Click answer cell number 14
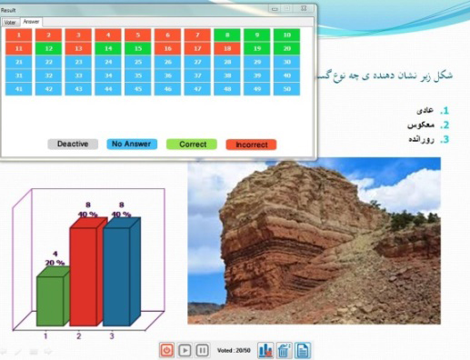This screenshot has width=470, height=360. point(108,48)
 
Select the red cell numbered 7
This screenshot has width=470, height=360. point(197,35)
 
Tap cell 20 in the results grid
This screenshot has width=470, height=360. point(286,48)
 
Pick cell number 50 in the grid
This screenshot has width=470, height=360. point(286,89)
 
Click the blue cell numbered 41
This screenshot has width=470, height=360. point(18,89)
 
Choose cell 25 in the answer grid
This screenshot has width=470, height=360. point(138,62)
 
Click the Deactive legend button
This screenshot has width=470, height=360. point(74,144)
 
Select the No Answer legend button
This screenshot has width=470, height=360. point(131,144)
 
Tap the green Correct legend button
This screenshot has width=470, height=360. point(192,144)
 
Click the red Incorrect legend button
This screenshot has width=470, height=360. point(251,144)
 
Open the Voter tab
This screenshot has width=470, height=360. point(11,20)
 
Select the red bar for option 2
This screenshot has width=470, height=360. point(87,277)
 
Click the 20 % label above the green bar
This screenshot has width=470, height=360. point(55,262)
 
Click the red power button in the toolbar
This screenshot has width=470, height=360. point(166,349)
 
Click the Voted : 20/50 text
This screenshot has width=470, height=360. point(235,349)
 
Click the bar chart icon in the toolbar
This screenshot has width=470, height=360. point(266,349)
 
